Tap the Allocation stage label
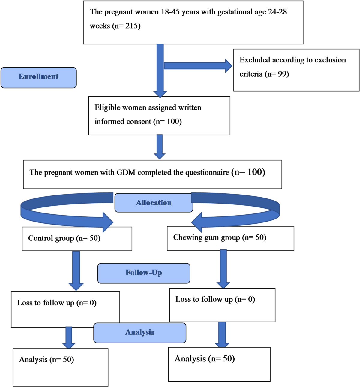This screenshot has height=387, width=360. tap(154, 203)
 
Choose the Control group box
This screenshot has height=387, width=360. tap(77, 239)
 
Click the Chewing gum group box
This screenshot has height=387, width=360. tap(230, 238)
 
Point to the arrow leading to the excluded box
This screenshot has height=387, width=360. tap(198, 66)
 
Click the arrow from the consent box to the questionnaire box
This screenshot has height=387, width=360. tap(160, 147)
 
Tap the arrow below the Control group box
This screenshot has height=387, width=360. tap(76, 271)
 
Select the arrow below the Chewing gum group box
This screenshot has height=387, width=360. tap(223, 269)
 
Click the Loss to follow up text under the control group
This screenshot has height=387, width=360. tap(57, 303)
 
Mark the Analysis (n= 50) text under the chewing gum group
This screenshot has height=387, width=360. tap(205, 359)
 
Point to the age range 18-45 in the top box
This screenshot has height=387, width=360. tap(170, 12)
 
